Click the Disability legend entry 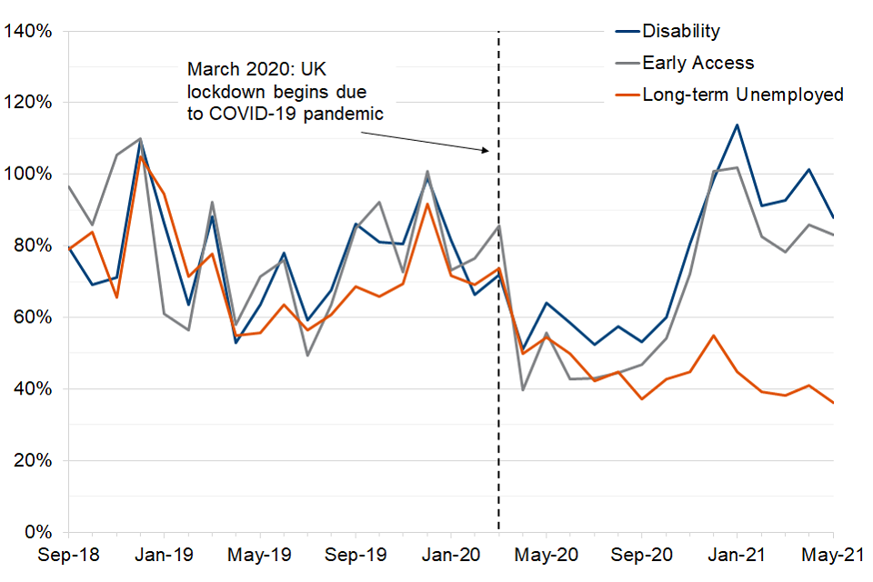coord(681,31)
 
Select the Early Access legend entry coord(697,63)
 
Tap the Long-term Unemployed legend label coord(743,95)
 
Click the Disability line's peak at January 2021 coord(737,125)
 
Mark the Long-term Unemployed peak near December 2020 coord(713,336)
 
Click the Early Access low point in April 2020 coord(523,390)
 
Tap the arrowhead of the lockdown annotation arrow coord(488,151)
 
